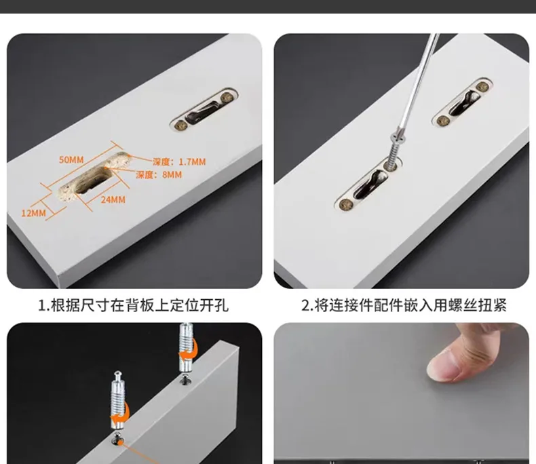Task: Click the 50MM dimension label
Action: point(71,159)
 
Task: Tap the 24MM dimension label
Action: point(113,199)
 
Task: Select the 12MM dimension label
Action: point(33,212)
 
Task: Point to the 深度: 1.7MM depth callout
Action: point(178,161)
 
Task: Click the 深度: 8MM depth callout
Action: point(159,175)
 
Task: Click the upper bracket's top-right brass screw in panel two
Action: point(482,87)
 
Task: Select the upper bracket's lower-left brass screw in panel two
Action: point(443,121)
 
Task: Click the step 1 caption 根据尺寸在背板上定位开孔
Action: point(133,305)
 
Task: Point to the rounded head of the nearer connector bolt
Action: point(117,375)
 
